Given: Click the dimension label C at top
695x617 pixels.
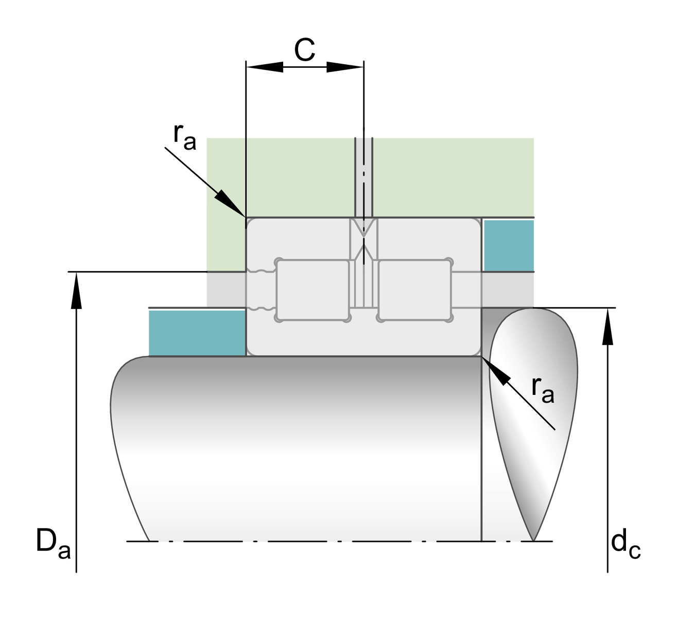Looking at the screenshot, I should pyautogui.click(x=304, y=50).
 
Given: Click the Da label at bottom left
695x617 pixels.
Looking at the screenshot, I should pyautogui.click(x=52, y=544).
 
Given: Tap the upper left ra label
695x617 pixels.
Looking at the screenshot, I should pyautogui.click(x=184, y=136).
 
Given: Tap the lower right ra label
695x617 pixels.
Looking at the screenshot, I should pyautogui.click(x=543, y=389).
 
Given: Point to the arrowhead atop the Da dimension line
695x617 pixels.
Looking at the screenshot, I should pyautogui.click(x=76, y=291).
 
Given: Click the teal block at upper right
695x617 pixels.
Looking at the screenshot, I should pyautogui.click(x=508, y=245).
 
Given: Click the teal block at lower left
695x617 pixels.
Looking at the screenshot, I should pyautogui.click(x=197, y=333).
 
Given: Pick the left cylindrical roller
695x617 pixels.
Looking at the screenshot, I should pyautogui.click(x=312, y=290).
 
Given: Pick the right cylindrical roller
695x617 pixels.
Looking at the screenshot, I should pyautogui.click(x=415, y=290).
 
